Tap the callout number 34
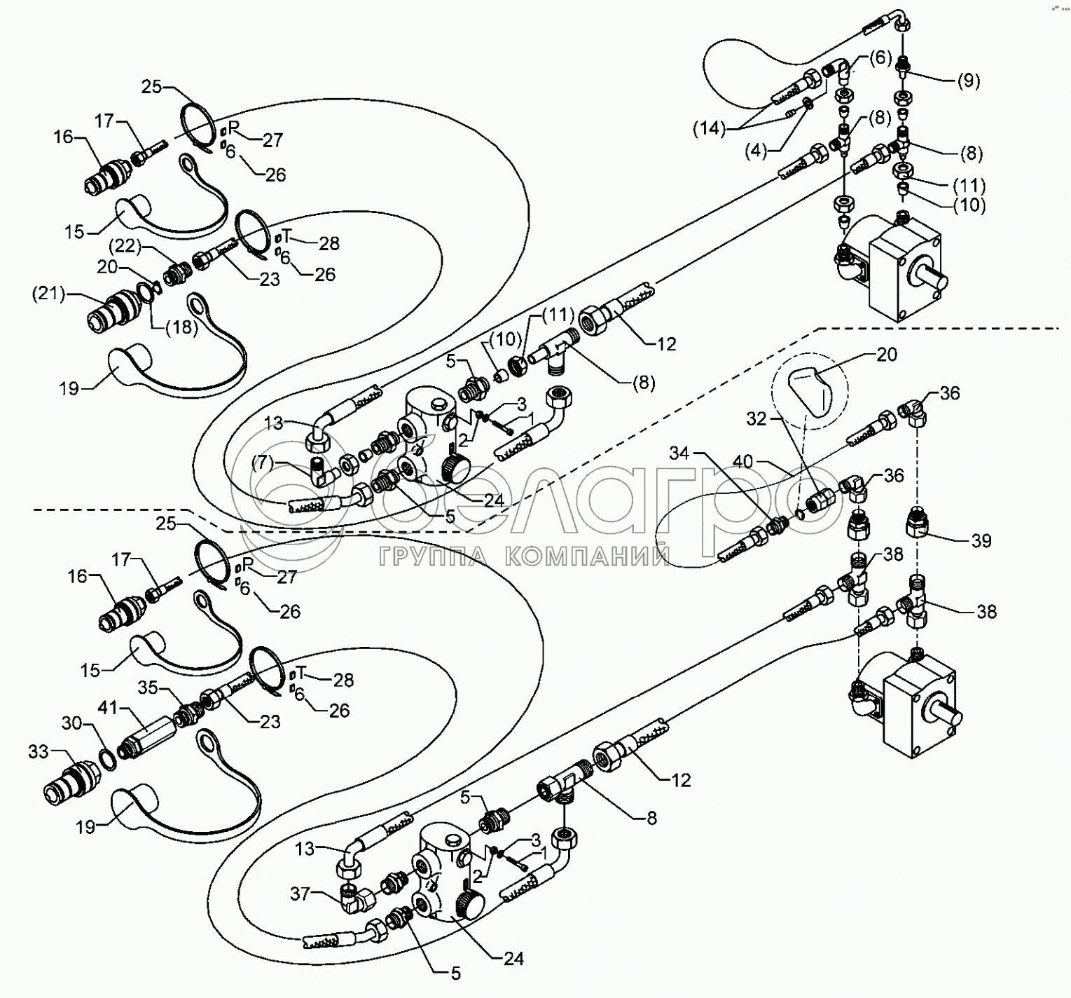tap(679, 453)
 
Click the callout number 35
tap(147, 688)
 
